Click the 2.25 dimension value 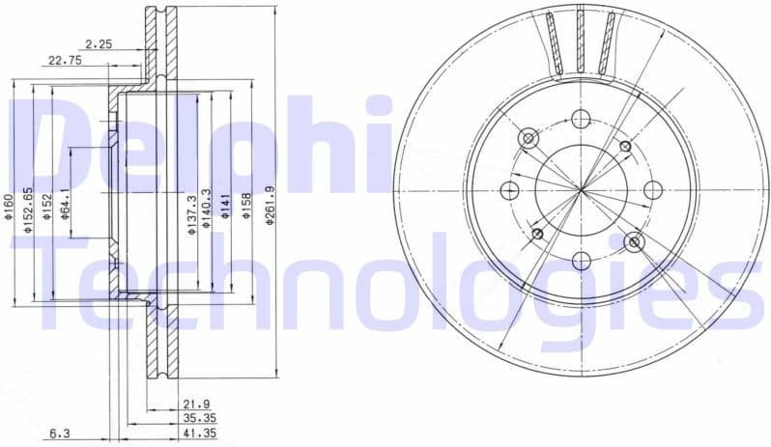98,42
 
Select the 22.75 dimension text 65,60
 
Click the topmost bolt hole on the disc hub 580,119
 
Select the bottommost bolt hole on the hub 580,260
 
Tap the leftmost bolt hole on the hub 509,189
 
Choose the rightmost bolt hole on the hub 651,189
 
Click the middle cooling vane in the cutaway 580,40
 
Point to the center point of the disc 580,189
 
